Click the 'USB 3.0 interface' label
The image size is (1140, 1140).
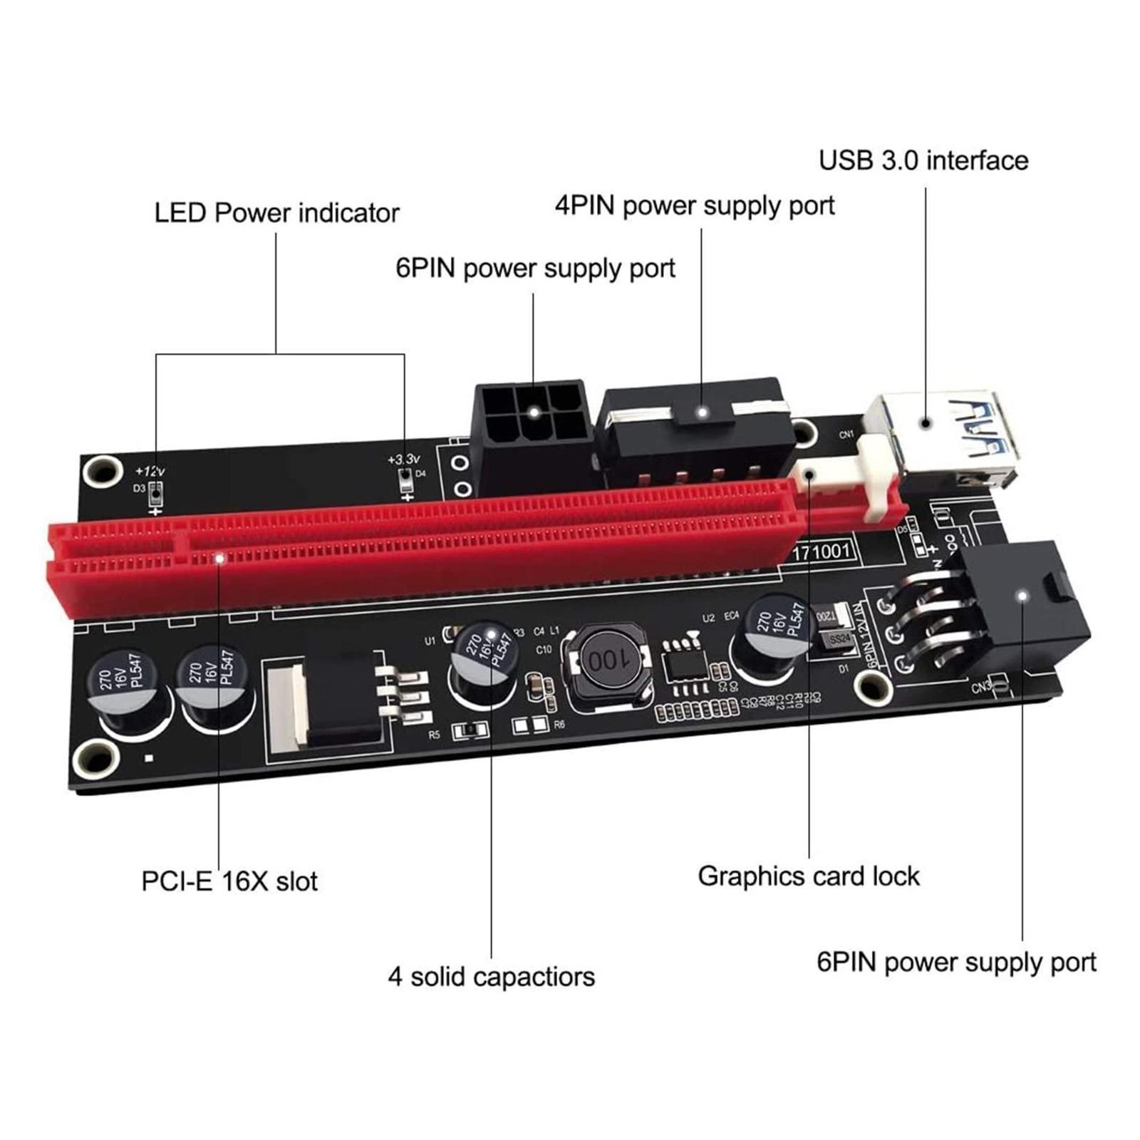(923, 160)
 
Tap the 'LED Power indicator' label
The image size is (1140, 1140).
(276, 213)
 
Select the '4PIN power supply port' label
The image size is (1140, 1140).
(695, 206)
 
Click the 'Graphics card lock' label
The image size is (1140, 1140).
(808, 876)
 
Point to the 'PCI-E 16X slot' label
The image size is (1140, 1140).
(229, 881)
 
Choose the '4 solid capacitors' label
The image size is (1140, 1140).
(491, 976)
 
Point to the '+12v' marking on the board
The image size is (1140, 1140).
(150, 471)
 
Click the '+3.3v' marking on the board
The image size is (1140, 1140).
(403, 460)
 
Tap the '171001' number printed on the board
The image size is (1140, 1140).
(821, 550)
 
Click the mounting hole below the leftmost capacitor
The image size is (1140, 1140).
(96, 757)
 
